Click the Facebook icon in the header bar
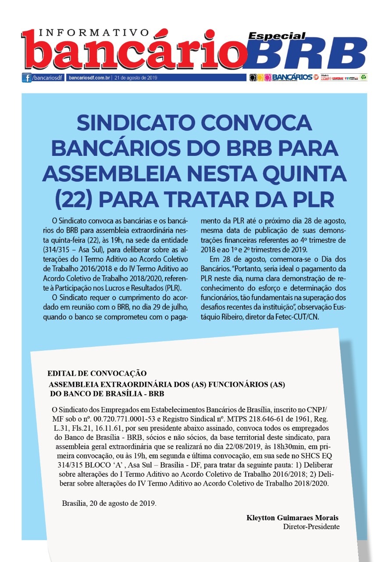tap(27, 78)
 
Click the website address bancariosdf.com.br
tap(90, 78)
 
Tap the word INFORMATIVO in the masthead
tap(94, 33)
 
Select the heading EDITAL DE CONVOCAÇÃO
tap(96, 374)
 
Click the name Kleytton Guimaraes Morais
tap(293, 518)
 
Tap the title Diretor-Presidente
tap(311, 526)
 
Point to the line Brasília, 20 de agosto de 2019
tap(109, 503)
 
